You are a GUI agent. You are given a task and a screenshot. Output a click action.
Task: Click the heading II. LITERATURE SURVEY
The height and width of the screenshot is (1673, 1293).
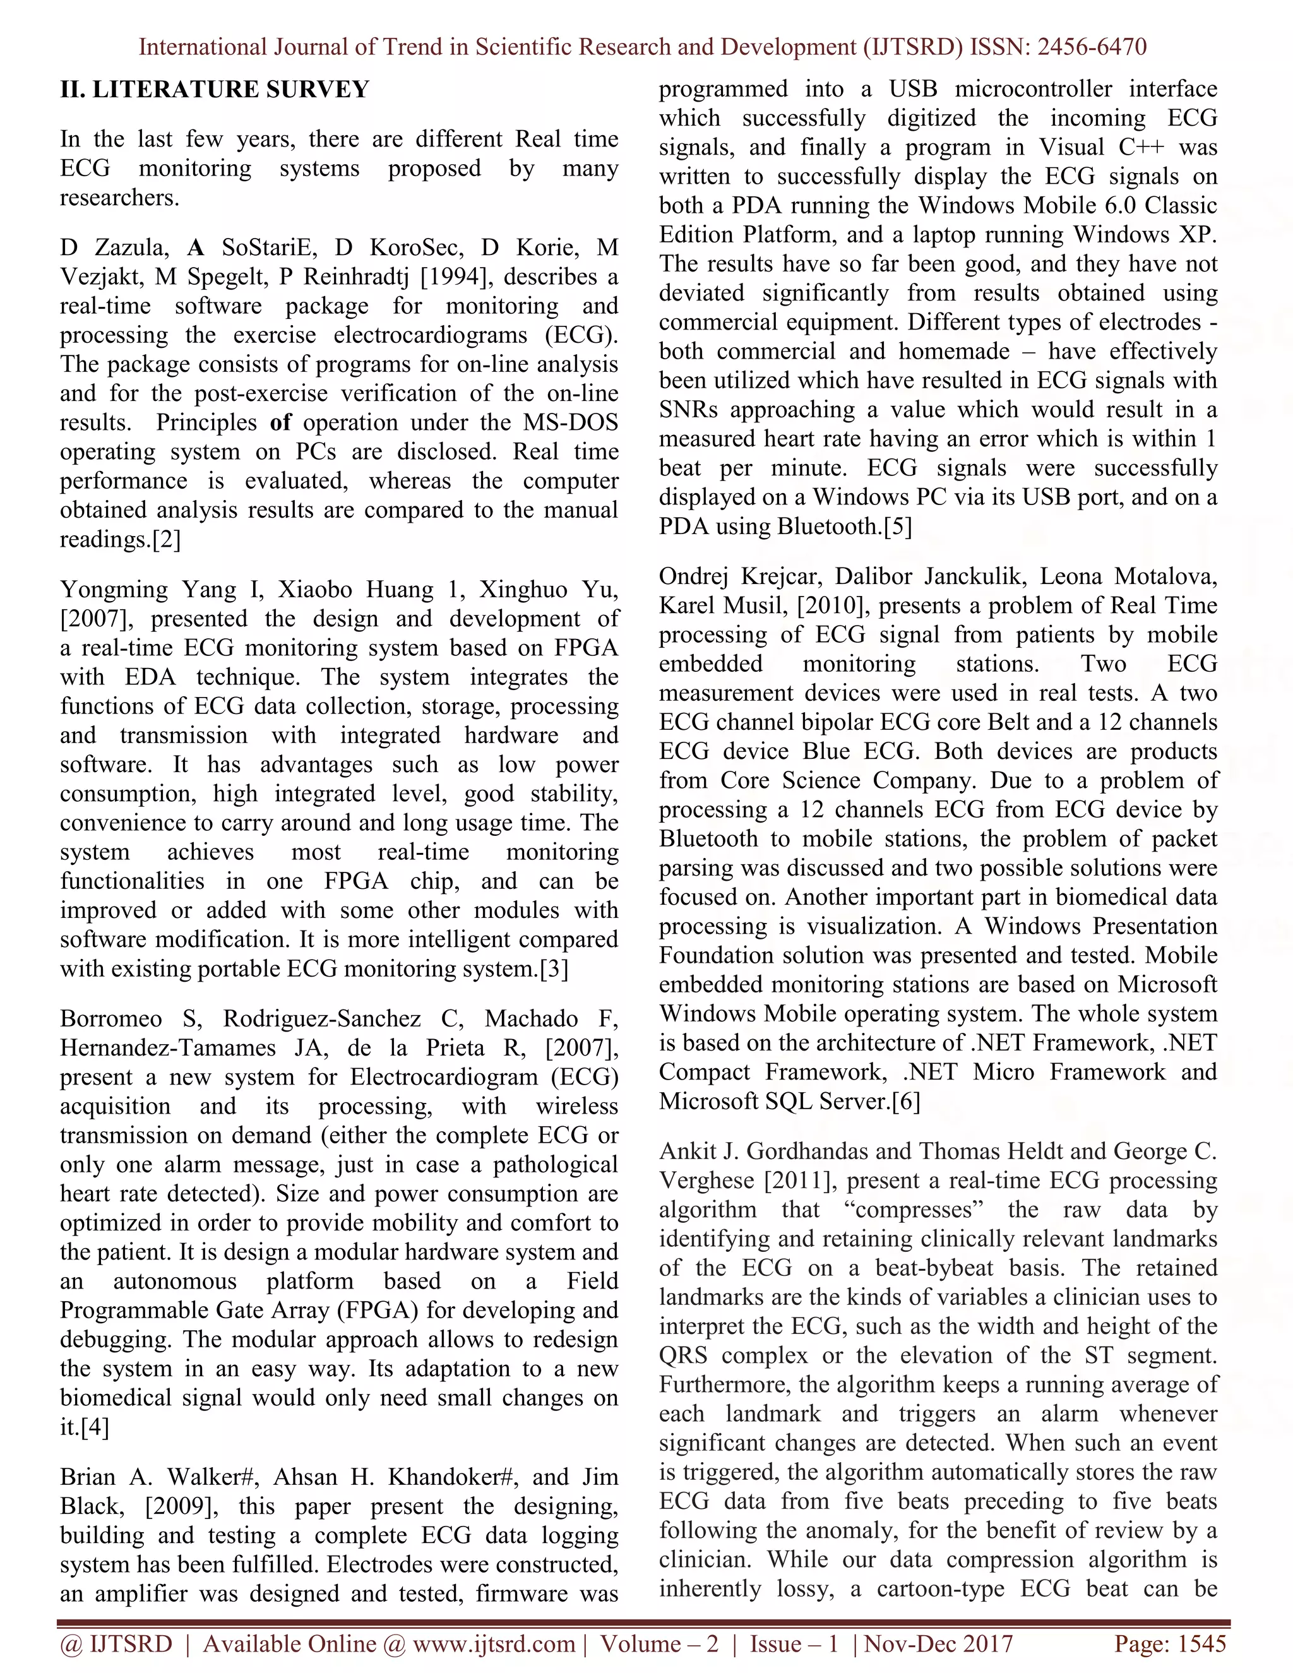(215, 90)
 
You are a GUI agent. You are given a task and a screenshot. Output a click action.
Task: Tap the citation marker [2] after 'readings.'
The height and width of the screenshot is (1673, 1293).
(166, 539)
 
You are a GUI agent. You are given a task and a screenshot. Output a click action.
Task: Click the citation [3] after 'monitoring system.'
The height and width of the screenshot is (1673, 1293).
(554, 969)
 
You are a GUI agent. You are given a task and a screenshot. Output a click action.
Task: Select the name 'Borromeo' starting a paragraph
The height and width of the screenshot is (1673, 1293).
(111, 1019)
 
